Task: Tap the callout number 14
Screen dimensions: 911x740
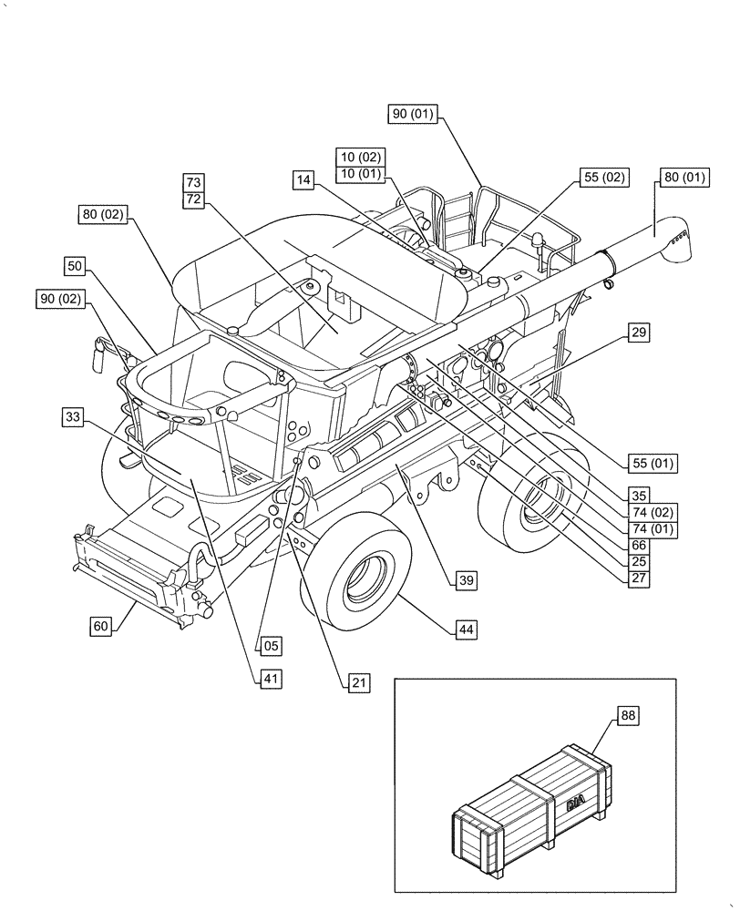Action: coord(304,180)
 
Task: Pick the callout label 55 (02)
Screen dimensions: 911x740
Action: coord(601,178)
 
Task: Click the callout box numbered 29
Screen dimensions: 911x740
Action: coord(639,333)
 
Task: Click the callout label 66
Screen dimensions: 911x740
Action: coord(639,544)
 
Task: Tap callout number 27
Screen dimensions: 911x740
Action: coord(639,577)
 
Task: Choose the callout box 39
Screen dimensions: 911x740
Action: coord(466,579)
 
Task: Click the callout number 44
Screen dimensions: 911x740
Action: coord(466,629)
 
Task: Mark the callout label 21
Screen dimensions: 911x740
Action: coord(358,681)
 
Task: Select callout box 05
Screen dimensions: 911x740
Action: coord(272,645)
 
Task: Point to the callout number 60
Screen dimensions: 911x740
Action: coord(101,626)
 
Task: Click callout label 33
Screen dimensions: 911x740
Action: coord(75,417)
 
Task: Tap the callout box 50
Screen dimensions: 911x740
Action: coord(76,266)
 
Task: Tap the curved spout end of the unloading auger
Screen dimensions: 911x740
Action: coord(675,243)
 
